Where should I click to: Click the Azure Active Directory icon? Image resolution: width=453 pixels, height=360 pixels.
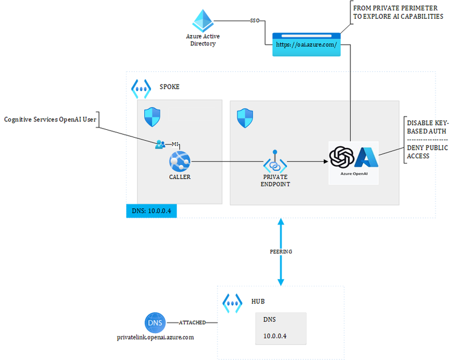(x=202, y=21)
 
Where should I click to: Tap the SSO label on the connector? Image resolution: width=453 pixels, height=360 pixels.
(x=255, y=21)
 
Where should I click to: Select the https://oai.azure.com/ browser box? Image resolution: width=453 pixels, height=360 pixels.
(x=306, y=45)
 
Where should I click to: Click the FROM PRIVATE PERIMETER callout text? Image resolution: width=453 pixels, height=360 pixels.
(x=403, y=11)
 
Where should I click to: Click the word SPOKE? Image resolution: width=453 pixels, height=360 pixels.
(x=169, y=87)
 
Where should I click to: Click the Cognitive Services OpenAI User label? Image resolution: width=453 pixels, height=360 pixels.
(x=50, y=120)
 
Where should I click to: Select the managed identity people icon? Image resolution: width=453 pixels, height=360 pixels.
(x=160, y=144)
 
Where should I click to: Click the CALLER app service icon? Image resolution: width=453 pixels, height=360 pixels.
(x=179, y=161)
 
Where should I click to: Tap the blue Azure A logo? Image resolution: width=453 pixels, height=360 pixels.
(x=365, y=157)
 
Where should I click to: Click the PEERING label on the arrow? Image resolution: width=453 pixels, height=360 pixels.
(x=280, y=250)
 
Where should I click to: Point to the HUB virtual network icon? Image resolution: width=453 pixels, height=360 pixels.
(x=233, y=301)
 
